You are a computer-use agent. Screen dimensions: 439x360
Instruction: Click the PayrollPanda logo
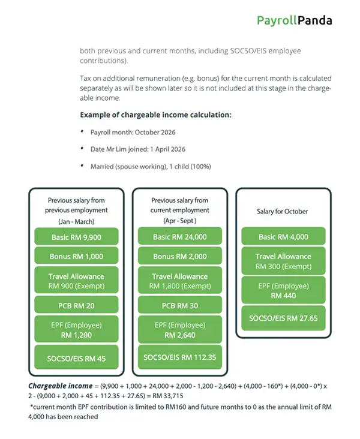[294, 20]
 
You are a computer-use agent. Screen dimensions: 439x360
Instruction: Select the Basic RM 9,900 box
[76, 237]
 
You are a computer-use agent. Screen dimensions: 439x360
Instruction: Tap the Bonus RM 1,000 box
[76, 257]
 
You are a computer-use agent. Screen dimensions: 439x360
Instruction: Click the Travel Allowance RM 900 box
[76, 281]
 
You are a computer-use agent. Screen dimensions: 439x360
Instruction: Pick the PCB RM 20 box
[76, 306]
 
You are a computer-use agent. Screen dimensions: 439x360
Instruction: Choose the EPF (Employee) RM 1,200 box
[76, 330]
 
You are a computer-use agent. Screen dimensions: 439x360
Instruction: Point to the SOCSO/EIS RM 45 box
[76, 358]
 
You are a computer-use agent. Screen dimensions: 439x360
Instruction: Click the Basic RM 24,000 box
[179, 237]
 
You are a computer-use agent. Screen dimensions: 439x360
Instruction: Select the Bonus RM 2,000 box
[179, 257]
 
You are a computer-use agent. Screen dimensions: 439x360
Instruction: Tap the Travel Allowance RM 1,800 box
[179, 281]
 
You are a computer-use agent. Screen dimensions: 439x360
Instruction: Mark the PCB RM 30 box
[179, 306]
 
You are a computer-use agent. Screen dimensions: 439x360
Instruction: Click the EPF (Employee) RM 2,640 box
[179, 330]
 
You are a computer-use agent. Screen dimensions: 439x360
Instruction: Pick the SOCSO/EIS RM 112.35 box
[179, 358]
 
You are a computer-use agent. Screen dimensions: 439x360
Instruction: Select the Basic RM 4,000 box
[284, 237]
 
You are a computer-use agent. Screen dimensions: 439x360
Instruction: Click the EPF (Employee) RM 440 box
[284, 291]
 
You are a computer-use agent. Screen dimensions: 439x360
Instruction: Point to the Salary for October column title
[283, 212]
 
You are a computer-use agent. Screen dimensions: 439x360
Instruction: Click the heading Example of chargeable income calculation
[155, 115]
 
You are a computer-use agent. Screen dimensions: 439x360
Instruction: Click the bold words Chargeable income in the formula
[59, 386]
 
